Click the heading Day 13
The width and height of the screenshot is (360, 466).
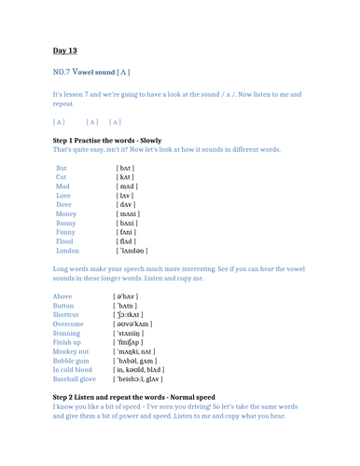(x=65, y=50)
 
